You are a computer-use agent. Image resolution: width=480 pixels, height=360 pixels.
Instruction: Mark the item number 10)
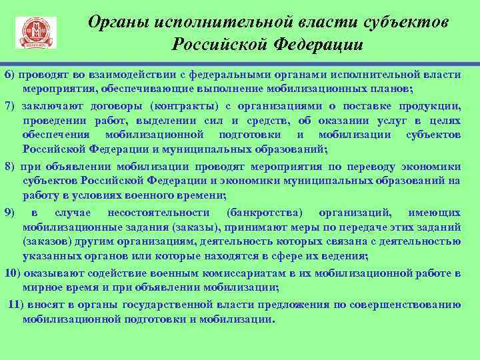coord(13,273)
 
